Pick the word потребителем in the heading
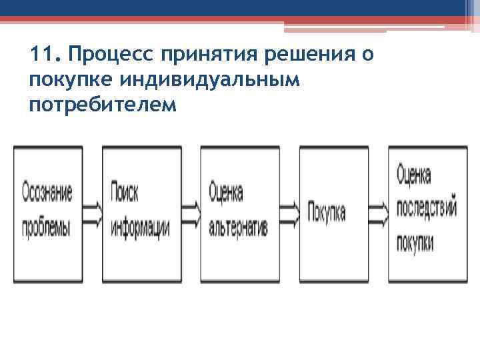(104, 105)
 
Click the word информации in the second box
(141, 229)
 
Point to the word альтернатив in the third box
(238, 229)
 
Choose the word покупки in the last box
(415, 241)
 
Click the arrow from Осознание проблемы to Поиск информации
(92, 213)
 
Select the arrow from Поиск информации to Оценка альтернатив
(191, 213)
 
